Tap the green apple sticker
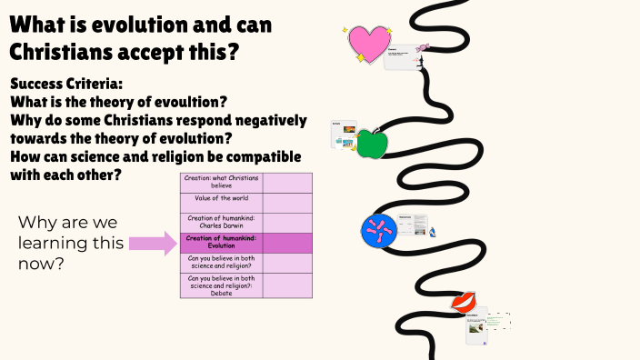pos(371,143)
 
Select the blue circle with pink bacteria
pos(378,230)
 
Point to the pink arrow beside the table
pos(153,243)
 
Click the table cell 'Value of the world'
pos(222,198)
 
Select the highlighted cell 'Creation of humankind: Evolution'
pos(222,242)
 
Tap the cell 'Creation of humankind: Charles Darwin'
pos(222,222)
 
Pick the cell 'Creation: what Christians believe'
pos(222,181)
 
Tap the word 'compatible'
pos(260,156)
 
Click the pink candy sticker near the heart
pos(422,47)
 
